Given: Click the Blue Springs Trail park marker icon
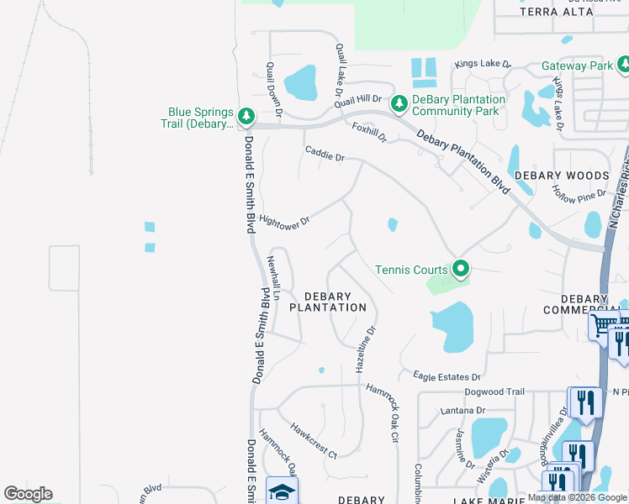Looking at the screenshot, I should click(x=246, y=115).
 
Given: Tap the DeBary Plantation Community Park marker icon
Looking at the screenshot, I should click(x=399, y=102).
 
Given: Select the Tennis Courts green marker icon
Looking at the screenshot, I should click(x=460, y=269).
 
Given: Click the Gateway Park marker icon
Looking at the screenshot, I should click(x=623, y=64).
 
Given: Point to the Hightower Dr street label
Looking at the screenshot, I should click(x=285, y=222).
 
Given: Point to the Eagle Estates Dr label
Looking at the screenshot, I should click(x=447, y=377).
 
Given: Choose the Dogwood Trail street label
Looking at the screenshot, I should click(x=494, y=392).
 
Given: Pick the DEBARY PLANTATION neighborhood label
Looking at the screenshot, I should click(x=328, y=302).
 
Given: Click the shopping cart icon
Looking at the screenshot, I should click(x=604, y=325).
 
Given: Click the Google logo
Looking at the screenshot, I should click(x=28, y=494).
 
